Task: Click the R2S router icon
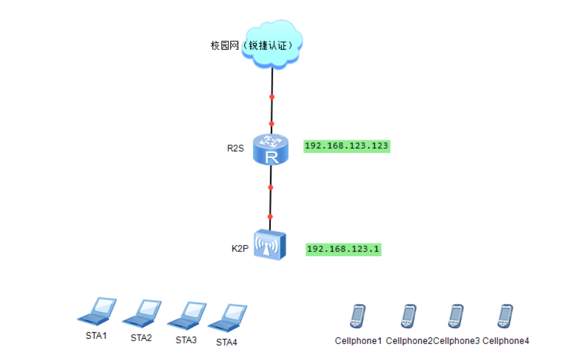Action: [x=271, y=149]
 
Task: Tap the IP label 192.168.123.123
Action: [x=347, y=145]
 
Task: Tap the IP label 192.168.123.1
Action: [x=343, y=249]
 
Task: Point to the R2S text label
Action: [x=235, y=148]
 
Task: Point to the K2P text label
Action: [x=239, y=249]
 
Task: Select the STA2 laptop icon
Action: [x=142, y=313]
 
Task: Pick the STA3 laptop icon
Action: [x=187, y=315]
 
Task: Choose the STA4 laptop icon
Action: [x=227, y=318]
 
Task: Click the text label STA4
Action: [x=227, y=342]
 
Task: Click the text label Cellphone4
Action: [x=506, y=341]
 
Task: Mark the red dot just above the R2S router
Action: [x=271, y=124]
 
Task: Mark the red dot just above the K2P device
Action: [x=270, y=217]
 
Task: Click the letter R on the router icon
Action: [x=271, y=157]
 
